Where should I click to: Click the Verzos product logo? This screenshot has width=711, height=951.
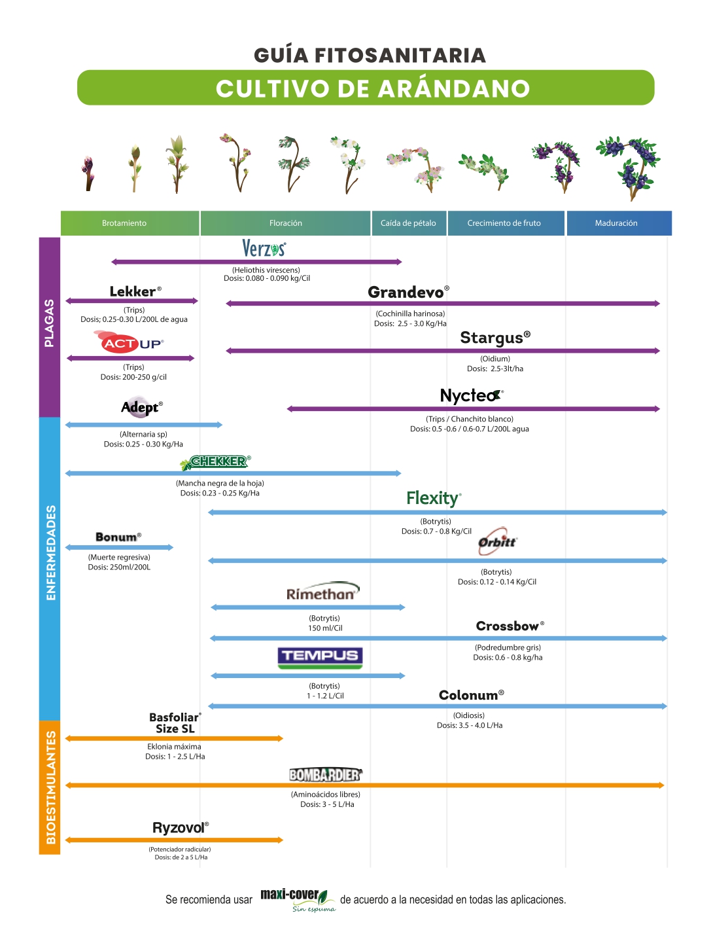pos(264,248)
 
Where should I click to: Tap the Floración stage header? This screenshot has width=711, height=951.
pos(285,223)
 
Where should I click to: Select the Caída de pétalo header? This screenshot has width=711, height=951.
pos(408,223)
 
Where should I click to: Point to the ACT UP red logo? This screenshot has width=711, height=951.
pos(129,343)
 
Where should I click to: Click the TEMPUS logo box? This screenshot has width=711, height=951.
pos(320,658)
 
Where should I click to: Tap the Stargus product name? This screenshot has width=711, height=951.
pos(495,338)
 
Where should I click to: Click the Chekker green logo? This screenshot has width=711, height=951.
pos(215,462)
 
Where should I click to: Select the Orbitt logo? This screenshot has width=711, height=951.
pos(497,541)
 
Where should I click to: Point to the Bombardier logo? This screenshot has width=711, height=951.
pos(326,775)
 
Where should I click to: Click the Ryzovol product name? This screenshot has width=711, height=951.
pos(181,828)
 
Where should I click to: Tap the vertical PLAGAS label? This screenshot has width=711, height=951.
pos(49,323)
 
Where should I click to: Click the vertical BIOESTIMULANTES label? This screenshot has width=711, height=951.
pos(50,787)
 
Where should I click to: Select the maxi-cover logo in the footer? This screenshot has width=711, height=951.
pos(298,900)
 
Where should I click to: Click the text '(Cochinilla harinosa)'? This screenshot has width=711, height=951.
pos(410,314)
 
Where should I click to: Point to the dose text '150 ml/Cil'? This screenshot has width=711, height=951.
pos(325,628)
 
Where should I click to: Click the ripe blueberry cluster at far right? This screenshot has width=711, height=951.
pos(629,168)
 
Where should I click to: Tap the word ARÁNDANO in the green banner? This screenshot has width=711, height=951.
pos(454,88)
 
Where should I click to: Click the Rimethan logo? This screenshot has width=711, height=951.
pos(323,591)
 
